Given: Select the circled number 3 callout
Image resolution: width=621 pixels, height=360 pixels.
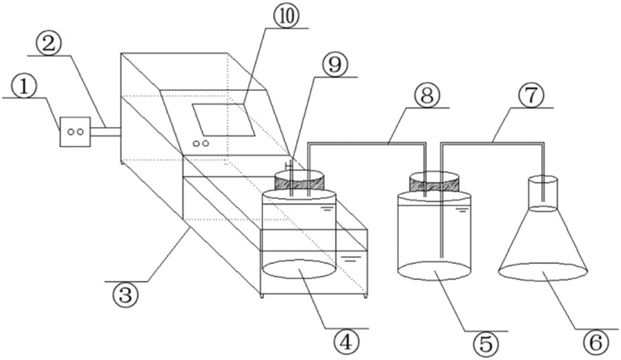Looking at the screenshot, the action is [125, 295].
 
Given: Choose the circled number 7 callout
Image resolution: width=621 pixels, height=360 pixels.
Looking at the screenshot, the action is [531, 97].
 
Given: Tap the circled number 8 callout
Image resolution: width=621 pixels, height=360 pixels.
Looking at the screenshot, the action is [427, 96].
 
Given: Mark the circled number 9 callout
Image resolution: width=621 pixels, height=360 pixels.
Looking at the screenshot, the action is [334, 66].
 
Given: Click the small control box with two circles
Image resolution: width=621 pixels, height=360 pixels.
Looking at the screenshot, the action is [75, 132].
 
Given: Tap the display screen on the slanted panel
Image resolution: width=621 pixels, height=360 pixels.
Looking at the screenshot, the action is [224, 120].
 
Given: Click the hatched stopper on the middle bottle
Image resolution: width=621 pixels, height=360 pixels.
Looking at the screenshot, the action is [434, 183].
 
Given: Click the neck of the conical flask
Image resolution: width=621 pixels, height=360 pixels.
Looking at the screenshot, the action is [543, 194].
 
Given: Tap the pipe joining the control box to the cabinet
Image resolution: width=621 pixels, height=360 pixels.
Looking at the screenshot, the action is [106, 132].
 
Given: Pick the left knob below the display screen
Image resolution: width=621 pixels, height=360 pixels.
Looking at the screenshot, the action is [196, 143].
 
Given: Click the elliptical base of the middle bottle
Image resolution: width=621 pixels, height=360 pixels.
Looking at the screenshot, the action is [434, 271].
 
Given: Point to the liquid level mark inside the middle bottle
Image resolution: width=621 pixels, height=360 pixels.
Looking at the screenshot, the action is [461, 210].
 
